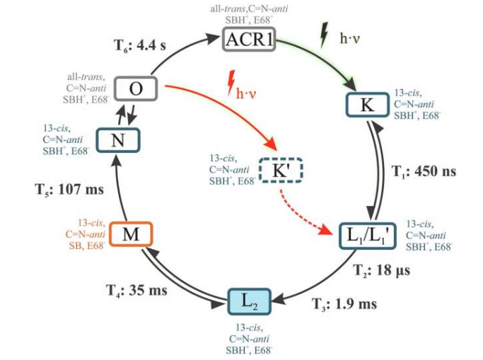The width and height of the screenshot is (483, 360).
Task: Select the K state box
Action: pos(366,106)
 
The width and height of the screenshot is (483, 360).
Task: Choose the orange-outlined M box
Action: pos(131,234)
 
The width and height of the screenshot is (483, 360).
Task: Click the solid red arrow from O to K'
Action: pos(226,112)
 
